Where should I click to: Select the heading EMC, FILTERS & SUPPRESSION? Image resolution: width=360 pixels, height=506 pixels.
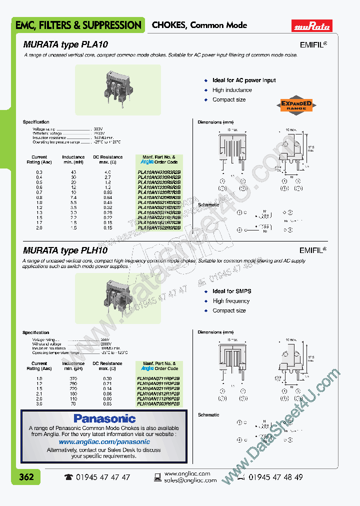[x=78, y=25]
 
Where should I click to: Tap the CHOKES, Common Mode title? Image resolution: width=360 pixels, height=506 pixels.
[x=199, y=25]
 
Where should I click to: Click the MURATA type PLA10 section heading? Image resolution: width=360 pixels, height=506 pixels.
[x=65, y=44]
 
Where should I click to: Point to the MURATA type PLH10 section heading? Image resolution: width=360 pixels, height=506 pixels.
[x=65, y=251]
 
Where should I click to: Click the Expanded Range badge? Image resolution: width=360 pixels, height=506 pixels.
[x=296, y=105]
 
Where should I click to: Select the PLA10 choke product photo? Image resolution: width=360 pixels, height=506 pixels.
[x=118, y=85]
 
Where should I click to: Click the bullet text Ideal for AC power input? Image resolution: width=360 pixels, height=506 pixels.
[x=244, y=80]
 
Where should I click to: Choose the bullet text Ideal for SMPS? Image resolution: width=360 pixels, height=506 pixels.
[x=232, y=291]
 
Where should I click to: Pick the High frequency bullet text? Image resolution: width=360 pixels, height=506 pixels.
[x=231, y=301]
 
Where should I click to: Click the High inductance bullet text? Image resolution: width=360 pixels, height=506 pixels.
[x=232, y=90]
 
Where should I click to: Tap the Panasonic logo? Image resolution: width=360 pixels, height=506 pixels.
[x=104, y=418]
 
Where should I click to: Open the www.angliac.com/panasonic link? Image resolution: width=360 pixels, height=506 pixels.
[x=104, y=442]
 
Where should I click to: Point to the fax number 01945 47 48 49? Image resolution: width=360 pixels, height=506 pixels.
[x=275, y=477]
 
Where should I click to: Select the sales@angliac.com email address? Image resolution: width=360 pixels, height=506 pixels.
[x=190, y=480]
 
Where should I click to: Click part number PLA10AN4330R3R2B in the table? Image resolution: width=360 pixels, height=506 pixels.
[x=159, y=172]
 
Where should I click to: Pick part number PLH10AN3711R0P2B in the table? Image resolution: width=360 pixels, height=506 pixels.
[x=159, y=378]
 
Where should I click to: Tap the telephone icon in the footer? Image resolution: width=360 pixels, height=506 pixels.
[x=68, y=477]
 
